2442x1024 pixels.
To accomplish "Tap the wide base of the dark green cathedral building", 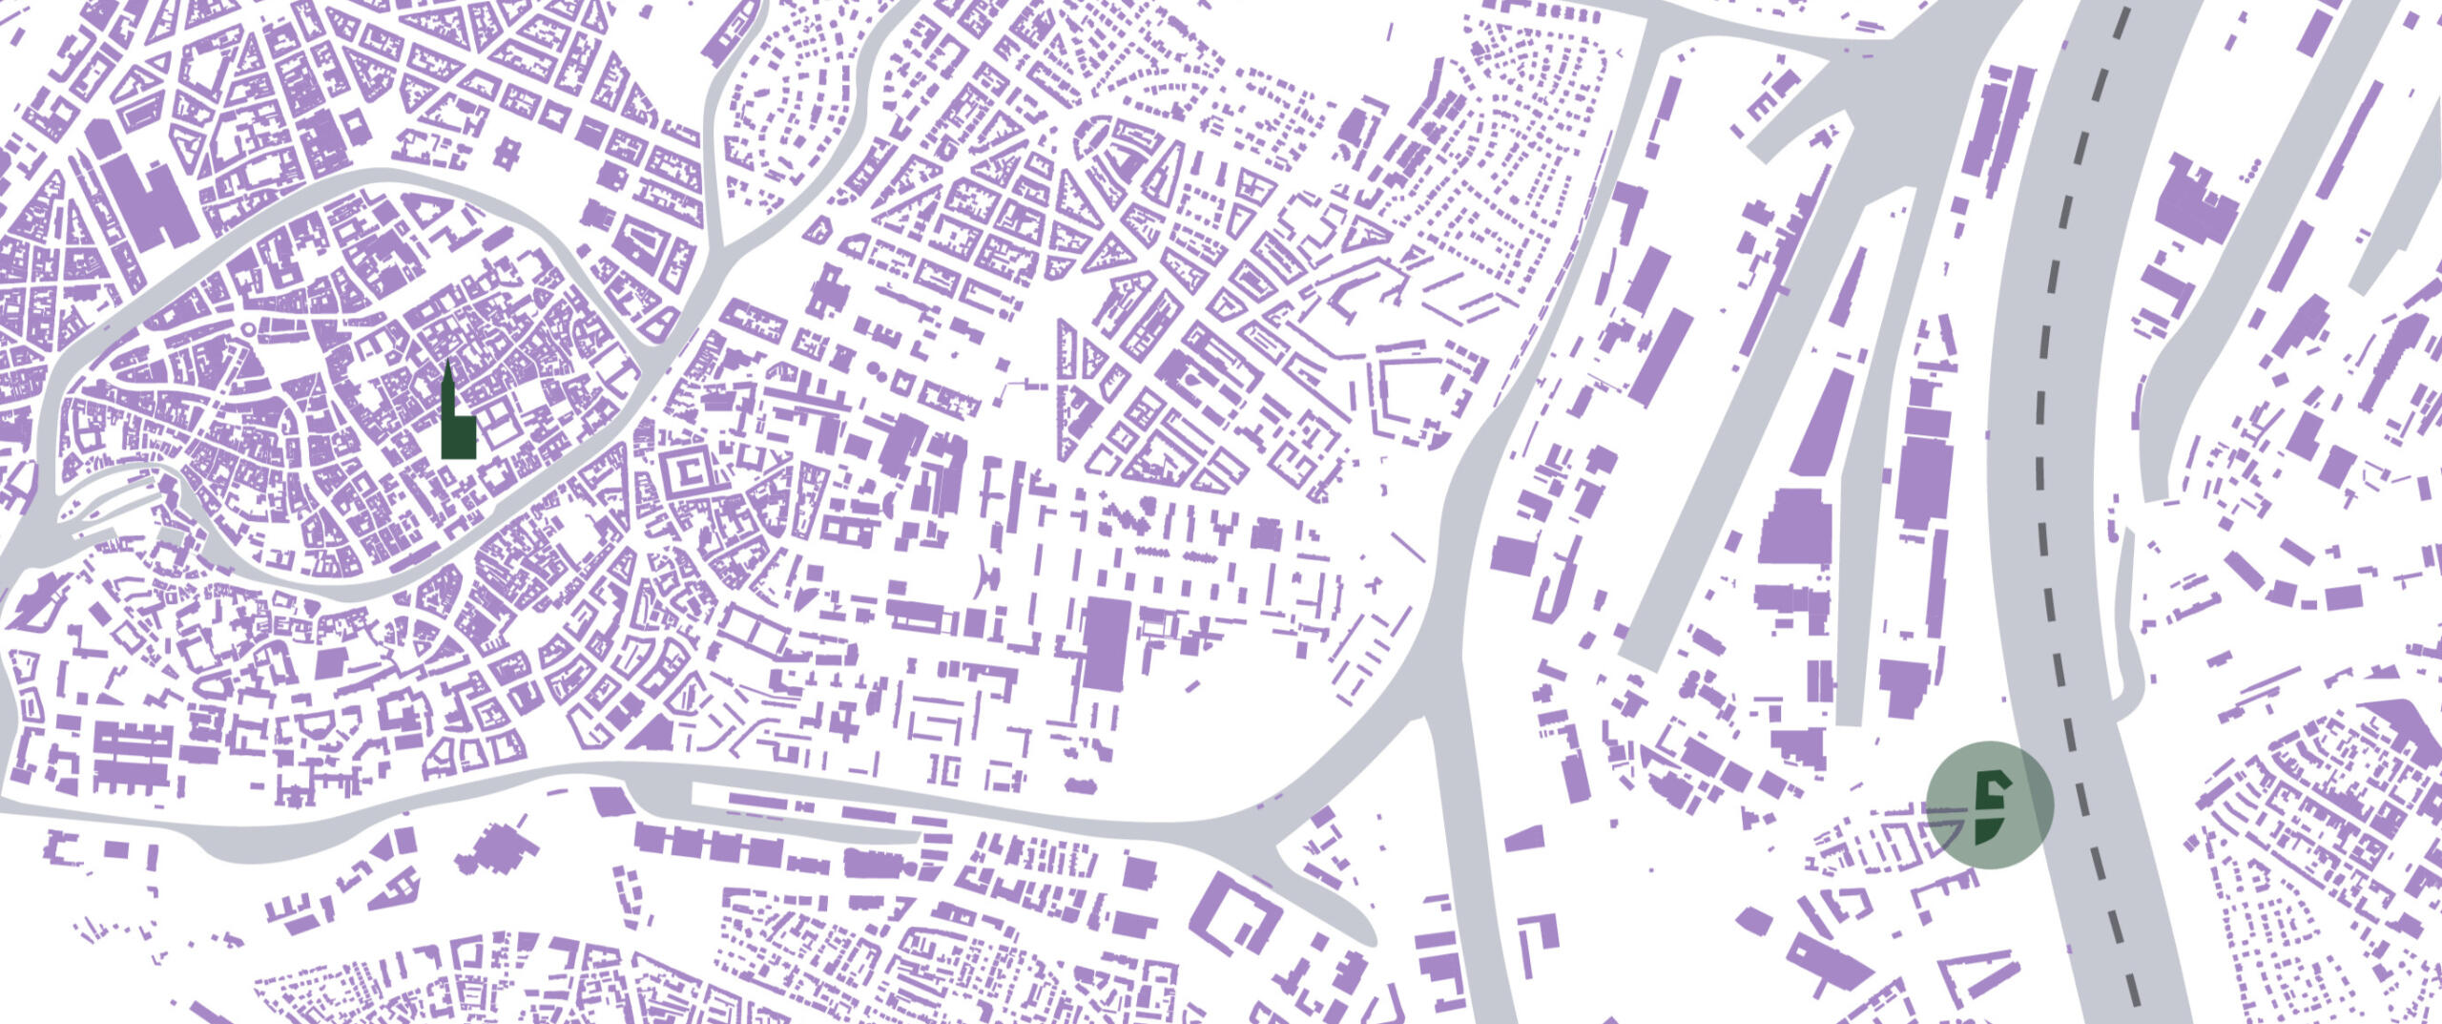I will pyautogui.click(x=458, y=441).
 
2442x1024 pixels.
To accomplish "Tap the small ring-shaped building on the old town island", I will pyautogui.click(x=250, y=329).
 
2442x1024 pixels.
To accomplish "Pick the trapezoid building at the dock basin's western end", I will pyautogui.click(x=610, y=802).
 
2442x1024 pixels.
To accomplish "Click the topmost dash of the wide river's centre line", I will pyautogui.click(x=2120, y=21).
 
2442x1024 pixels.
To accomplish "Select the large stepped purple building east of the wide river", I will pyautogui.click(x=2194, y=210).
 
